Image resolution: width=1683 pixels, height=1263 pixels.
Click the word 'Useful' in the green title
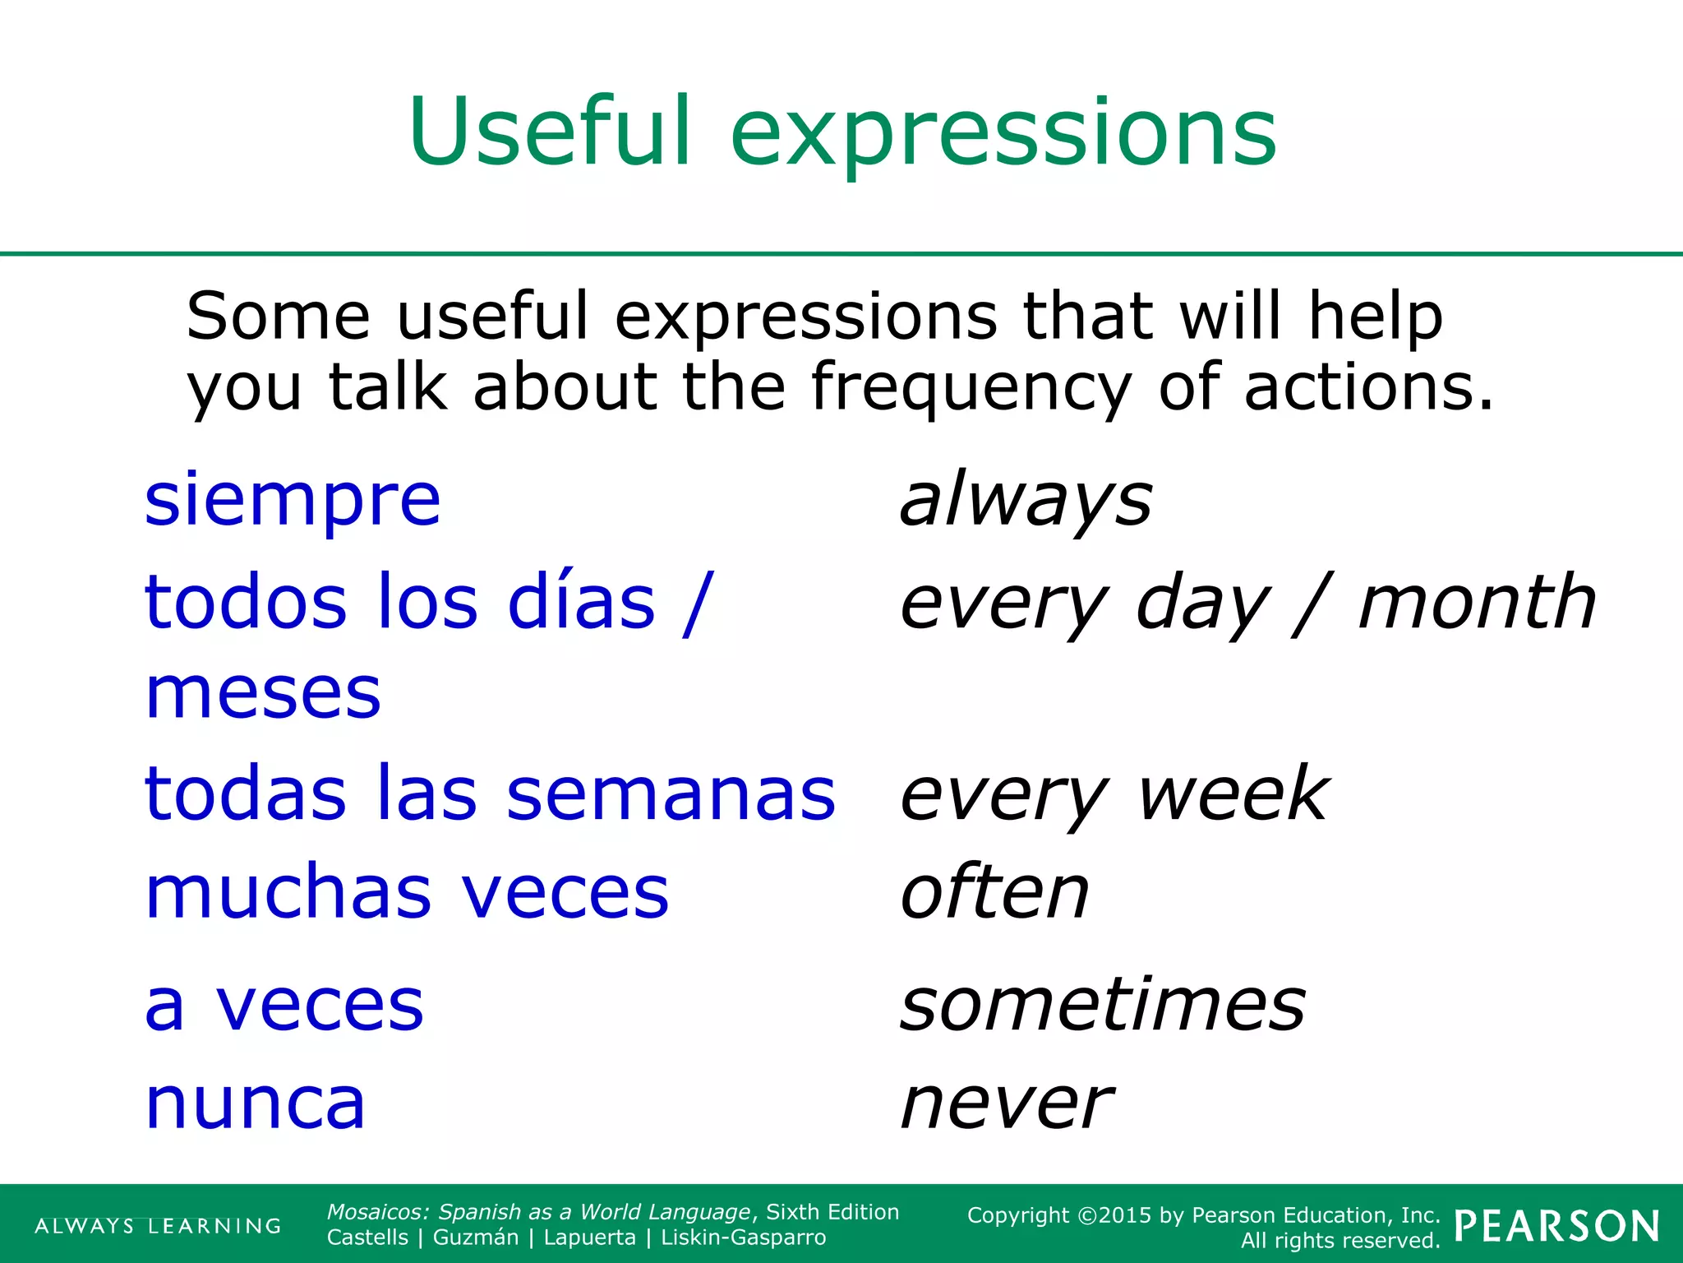[x=549, y=132]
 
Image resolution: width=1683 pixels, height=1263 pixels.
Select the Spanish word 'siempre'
[x=293, y=500]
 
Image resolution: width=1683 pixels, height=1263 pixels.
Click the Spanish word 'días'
[x=582, y=602]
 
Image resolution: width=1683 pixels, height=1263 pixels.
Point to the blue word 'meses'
[x=263, y=693]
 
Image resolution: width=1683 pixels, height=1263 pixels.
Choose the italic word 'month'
[x=1477, y=602]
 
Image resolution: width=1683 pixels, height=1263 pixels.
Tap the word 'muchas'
[x=288, y=893]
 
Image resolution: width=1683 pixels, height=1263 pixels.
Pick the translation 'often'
[x=995, y=893]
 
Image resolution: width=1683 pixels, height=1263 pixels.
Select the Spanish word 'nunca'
[x=255, y=1103]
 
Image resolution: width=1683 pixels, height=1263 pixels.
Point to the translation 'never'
[x=1007, y=1103]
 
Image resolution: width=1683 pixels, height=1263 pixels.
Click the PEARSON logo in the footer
[x=1556, y=1226]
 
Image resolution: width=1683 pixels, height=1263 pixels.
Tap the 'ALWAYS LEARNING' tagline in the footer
[x=158, y=1226]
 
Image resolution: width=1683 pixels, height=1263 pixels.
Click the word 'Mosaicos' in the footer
[x=378, y=1212]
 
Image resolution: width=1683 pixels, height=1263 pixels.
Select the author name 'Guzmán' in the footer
[x=476, y=1238]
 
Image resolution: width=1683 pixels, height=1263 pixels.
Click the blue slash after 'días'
[x=695, y=604]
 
